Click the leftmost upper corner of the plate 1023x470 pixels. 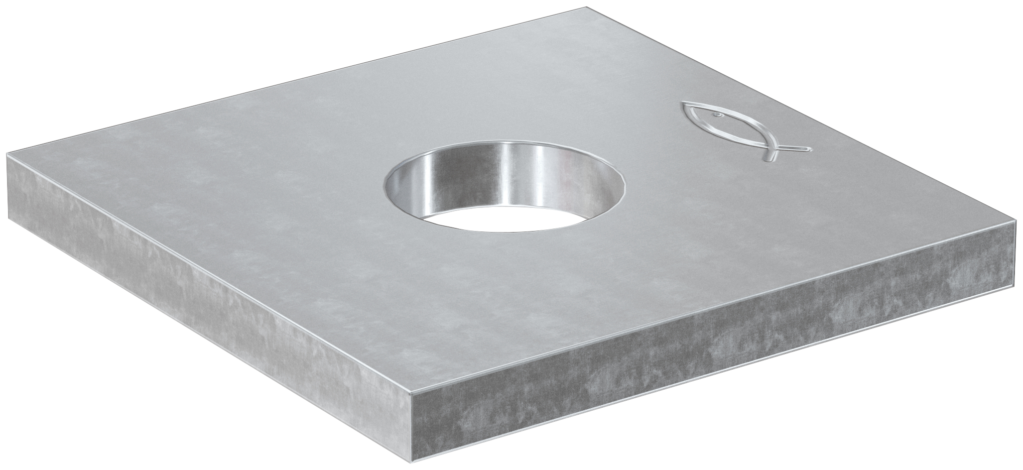click(x=6, y=153)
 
